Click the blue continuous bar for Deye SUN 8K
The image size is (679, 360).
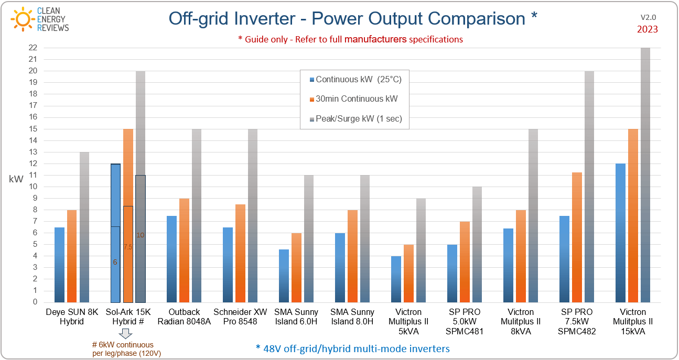60,265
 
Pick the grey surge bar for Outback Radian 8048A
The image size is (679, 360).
197,215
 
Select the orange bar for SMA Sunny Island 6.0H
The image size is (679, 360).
296,268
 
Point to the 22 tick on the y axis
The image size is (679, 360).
33,48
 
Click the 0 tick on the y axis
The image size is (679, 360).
35,302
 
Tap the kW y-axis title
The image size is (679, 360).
16,179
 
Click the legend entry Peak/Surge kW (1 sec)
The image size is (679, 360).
359,119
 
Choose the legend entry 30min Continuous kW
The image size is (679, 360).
357,99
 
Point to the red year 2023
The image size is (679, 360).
647,29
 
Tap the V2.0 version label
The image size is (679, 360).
648,17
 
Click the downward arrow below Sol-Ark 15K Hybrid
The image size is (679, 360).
126,334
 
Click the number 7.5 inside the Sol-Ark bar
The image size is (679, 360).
128,247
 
